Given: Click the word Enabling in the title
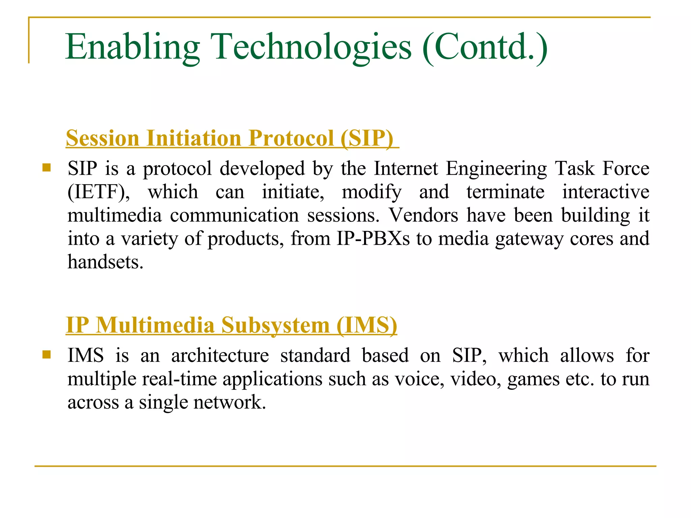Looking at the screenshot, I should coord(133,47).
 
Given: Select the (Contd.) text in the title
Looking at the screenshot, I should coord(485,47).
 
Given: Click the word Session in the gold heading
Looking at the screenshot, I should coord(103,138).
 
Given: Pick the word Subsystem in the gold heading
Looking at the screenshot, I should coord(275,325).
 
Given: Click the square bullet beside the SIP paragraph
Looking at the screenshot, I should coord(47,168).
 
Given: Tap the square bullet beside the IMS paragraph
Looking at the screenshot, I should coord(47,354).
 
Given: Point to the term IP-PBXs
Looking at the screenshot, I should coord(373,238).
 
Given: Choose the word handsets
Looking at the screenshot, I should coord(105,262).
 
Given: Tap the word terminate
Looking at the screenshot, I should coord(505,192).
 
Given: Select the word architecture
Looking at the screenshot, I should coord(220,355).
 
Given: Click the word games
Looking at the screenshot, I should coord(533,379).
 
